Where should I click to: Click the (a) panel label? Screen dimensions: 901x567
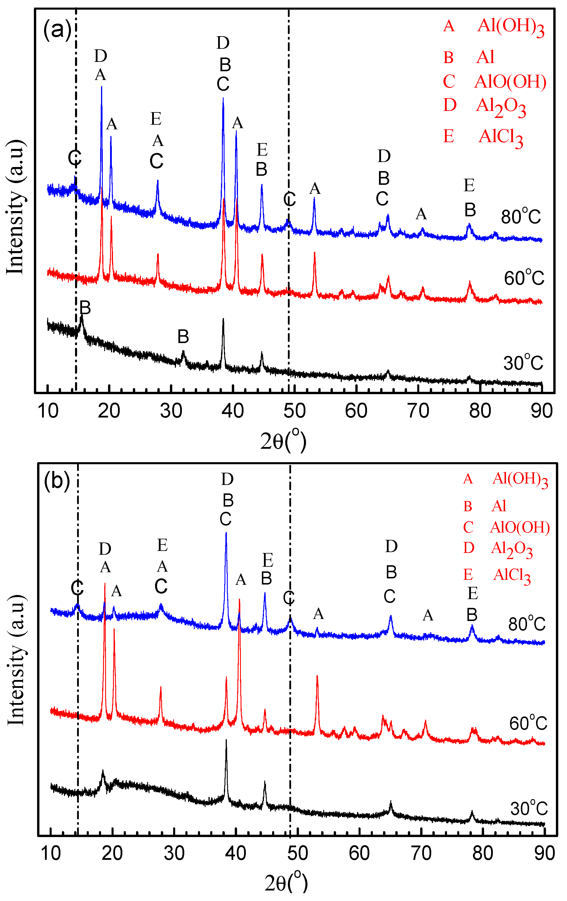(x=57, y=29)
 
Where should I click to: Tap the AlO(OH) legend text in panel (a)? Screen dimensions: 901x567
(x=510, y=81)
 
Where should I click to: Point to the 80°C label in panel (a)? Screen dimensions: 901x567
(x=521, y=216)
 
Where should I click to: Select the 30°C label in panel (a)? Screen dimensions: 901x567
(x=523, y=363)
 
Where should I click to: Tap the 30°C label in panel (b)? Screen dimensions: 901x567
(x=528, y=808)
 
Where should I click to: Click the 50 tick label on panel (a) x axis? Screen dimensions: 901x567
(x=294, y=411)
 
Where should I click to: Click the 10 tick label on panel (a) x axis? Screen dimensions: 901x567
(x=48, y=411)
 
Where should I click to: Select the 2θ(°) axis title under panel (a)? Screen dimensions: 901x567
(x=283, y=441)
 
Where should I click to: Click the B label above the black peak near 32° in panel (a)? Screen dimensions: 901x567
(x=183, y=337)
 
